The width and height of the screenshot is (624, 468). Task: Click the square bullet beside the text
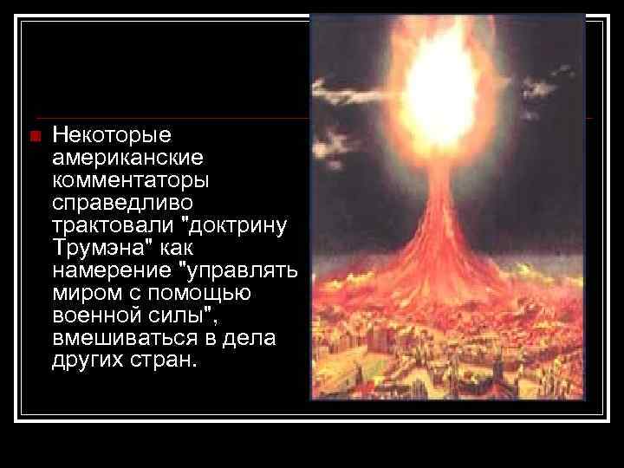point(34,136)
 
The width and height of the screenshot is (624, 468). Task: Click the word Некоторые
point(113,136)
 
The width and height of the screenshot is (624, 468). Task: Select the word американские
point(127,159)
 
